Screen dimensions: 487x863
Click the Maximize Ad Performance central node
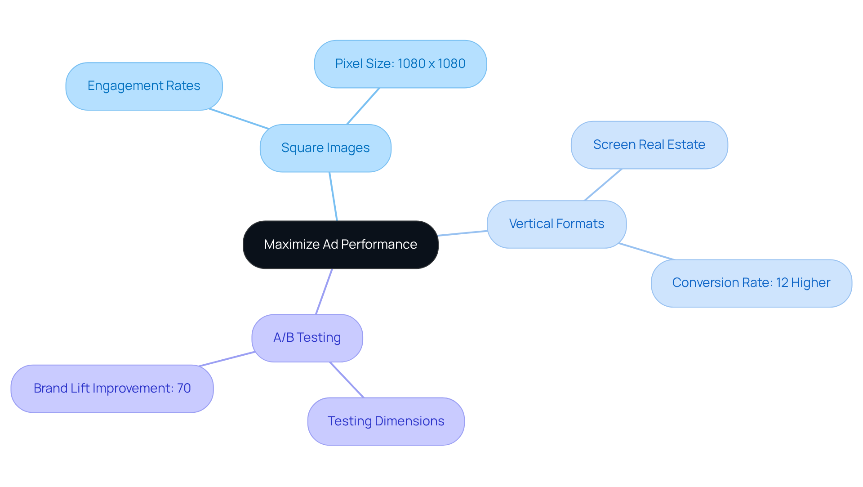[x=340, y=245]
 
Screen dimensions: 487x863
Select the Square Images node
[x=325, y=148]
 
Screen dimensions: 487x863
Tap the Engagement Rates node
[x=144, y=86]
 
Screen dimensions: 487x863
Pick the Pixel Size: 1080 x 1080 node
[x=400, y=64]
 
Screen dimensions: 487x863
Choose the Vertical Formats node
[x=556, y=224]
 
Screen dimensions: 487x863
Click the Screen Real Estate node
[x=649, y=145]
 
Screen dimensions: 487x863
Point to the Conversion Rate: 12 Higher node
[x=751, y=283]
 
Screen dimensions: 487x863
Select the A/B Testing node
[x=307, y=338]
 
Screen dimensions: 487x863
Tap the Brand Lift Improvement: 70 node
[x=112, y=389]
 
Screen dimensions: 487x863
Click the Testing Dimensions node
[x=386, y=421]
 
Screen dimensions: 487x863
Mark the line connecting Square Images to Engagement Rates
[x=239, y=119]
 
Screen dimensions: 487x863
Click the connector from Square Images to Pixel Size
[x=363, y=106]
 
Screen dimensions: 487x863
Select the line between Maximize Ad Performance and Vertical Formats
[x=463, y=233]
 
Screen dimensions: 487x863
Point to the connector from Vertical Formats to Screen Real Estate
[x=603, y=185]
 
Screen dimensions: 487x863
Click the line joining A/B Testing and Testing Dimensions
[x=347, y=380]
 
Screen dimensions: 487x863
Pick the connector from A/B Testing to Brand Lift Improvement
[x=227, y=359]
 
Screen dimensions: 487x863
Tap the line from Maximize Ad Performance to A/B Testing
[x=324, y=291]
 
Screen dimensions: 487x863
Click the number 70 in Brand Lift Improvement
[x=184, y=389]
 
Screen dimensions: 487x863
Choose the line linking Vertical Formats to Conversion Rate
[x=646, y=251]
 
